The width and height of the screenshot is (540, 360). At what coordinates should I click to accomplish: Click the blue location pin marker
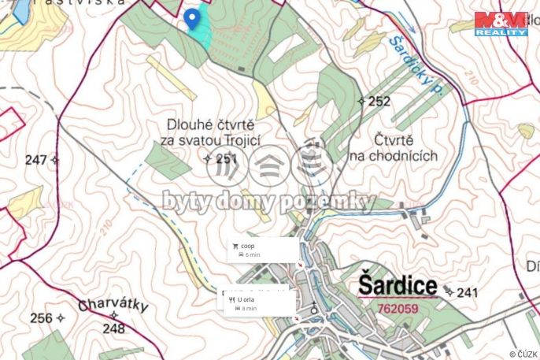191,19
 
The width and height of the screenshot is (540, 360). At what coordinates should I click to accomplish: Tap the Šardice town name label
397,284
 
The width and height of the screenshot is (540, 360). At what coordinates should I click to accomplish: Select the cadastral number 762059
398,309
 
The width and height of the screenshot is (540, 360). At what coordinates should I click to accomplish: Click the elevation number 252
379,101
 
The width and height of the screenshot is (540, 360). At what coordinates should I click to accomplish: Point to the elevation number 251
226,158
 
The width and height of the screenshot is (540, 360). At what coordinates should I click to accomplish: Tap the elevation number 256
40,318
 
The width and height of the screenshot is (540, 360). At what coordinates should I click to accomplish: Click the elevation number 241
467,293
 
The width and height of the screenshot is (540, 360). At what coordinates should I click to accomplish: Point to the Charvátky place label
112,305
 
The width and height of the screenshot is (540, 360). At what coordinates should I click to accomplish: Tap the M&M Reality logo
501,24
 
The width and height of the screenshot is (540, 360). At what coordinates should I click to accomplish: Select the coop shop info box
262,251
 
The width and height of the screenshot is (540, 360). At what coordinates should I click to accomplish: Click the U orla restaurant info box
256,303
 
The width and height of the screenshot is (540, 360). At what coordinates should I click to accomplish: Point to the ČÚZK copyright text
523,354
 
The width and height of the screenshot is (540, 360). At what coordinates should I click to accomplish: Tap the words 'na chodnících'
394,155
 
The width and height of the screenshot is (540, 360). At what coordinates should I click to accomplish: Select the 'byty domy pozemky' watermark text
269,202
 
